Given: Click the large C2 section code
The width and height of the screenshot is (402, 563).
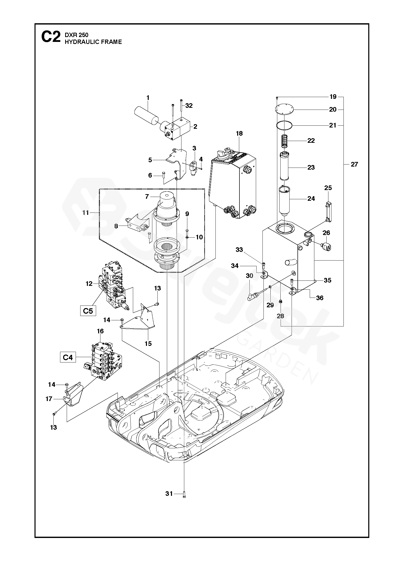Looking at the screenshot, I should (51, 37).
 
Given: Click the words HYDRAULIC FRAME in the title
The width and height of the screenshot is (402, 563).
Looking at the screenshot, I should (93, 42).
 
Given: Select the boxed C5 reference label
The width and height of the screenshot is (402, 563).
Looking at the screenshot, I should (88, 311).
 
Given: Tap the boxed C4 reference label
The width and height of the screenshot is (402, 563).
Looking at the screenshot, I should (68, 357).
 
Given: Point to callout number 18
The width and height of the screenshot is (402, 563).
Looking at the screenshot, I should (239, 133).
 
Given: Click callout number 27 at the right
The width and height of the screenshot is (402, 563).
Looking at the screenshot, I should (354, 164).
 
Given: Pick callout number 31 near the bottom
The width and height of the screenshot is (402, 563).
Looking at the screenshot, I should (169, 494).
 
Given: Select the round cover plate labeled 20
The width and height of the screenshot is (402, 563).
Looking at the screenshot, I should (284, 110).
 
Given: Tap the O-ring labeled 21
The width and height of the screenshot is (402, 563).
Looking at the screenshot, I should (284, 125).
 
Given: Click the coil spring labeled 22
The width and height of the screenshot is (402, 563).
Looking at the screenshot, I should (284, 141).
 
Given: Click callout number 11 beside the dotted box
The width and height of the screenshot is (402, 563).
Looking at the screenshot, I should (85, 213).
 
